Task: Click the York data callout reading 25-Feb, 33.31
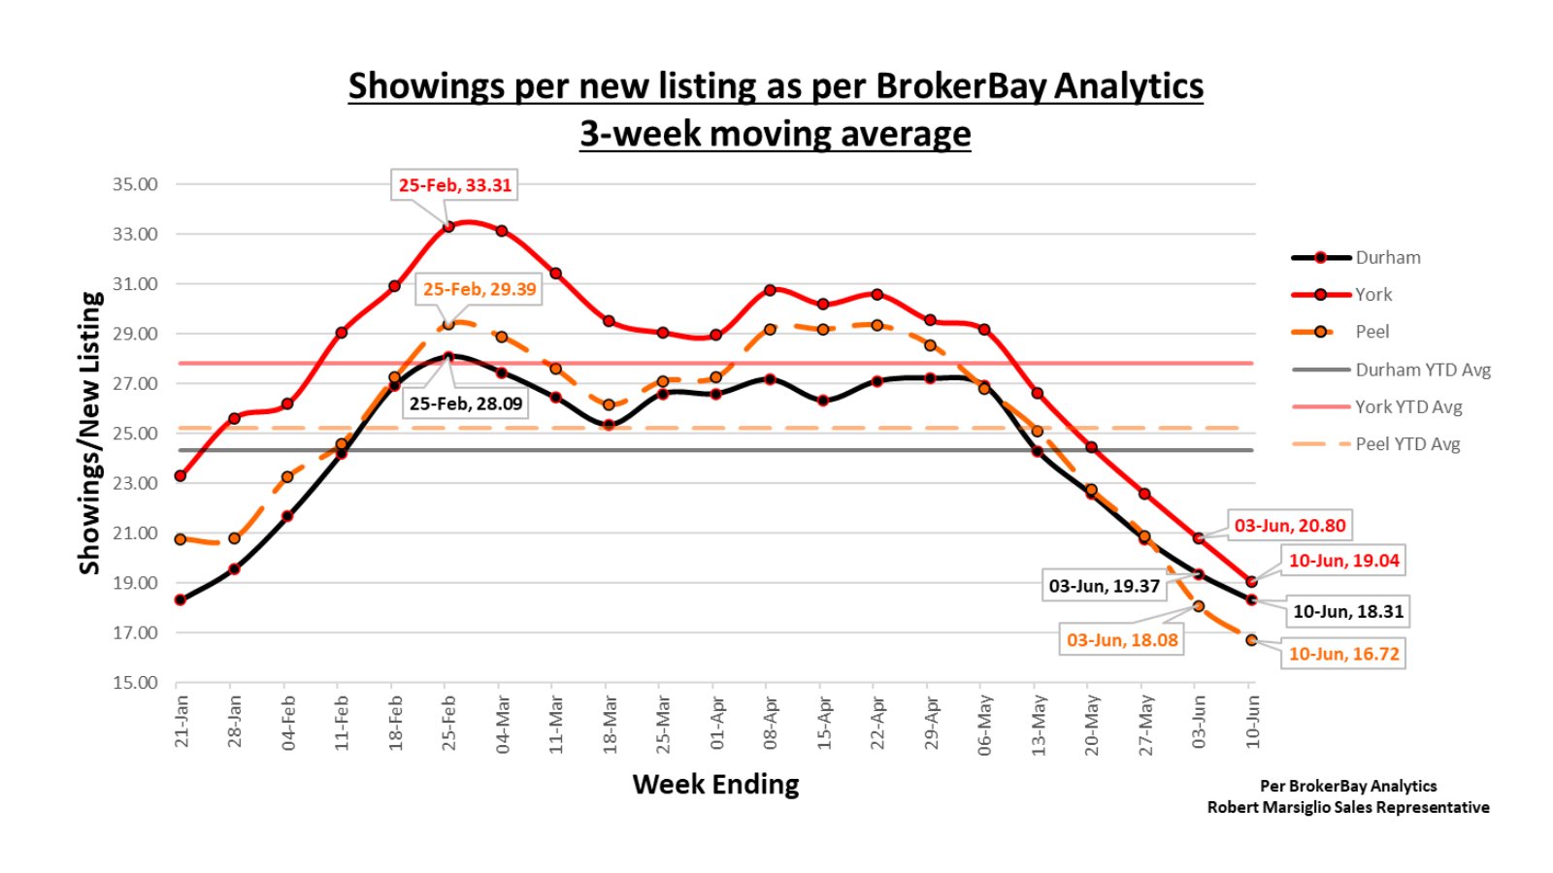click(x=454, y=185)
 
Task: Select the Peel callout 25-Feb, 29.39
click(x=479, y=289)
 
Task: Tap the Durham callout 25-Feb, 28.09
click(x=466, y=404)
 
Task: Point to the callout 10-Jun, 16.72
click(x=1343, y=654)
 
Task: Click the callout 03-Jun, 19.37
click(x=1104, y=586)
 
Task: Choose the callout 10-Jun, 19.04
click(x=1343, y=561)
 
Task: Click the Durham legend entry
click(x=1387, y=258)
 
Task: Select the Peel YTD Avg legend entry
click(x=1406, y=444)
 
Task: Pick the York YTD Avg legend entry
click(x=1407, y=407)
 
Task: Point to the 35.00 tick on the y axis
click(x=135, y=184)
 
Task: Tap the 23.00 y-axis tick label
click(x=135, y=483)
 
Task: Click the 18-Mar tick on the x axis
click(x=610, y=722)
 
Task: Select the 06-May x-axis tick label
click(x=984, y=724)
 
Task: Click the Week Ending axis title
click(x=715, y=784)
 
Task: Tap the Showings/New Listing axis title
click(x=90, y=433)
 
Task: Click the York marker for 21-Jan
click(x=181, y=476)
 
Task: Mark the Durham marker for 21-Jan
click(x=181, y=600)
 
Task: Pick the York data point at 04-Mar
click(x=502, y=231)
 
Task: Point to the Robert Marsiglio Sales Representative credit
click(x=1347, y=807)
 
